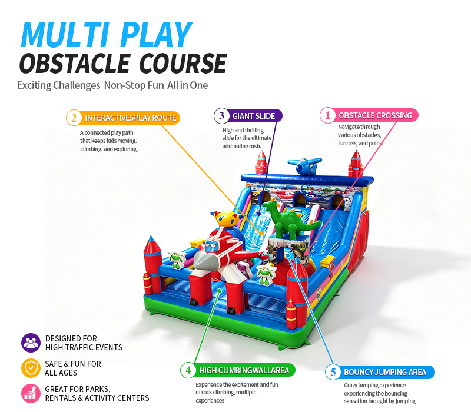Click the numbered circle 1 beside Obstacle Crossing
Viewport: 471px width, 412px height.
pos(327,115)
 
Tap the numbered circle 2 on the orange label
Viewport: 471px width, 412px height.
pos(74,118)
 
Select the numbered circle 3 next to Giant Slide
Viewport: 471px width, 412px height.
pos(222,115)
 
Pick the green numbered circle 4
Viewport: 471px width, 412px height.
pos(188,370)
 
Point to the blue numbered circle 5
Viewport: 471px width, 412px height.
pos(333,373)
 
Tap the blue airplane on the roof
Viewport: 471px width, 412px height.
pos(304,166)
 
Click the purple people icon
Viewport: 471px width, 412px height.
pos(31,343)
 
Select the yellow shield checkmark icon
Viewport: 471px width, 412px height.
pos(31,368)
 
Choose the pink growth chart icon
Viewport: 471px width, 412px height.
pos(31,393)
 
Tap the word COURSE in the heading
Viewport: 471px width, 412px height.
pos(183,63)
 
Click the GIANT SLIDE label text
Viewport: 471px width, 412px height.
pos(254,116)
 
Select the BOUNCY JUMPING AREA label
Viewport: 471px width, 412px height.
pos(385,373)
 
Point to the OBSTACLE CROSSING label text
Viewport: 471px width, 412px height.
pos(376,115)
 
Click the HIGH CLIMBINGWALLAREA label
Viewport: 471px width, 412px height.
pos(244,371)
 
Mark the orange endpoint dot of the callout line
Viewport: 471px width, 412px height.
pos(262,233)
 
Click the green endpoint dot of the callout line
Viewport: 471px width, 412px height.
pos(220,291)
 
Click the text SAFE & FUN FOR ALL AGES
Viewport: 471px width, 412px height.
pos(73,368)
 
